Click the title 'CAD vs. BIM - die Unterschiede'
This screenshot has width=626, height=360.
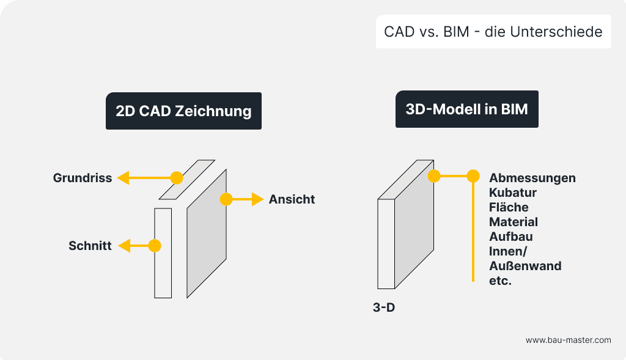tap(493, 32)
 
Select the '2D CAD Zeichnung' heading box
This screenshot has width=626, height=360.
tap(183, 111)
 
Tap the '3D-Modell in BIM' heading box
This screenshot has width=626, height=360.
tap(466, 109)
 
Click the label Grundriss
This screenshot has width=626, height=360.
tap(83, 178)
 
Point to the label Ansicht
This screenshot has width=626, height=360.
tap(292, 199)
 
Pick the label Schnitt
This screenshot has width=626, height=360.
tap(90, 246)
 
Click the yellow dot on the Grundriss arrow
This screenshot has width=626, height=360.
tap(177, 178)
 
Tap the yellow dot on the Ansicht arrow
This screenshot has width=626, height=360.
tap(226, 199)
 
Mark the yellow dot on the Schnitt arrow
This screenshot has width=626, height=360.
tap(155, 246)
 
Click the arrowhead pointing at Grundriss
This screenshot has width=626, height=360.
tap(123, 178)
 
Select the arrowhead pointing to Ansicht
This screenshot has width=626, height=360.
tap(258, 199)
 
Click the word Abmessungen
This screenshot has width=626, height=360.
tap(532, 178)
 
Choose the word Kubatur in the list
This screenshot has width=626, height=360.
tap(512, 193)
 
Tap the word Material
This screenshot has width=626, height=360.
tap(514, 222)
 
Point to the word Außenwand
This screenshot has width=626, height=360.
tap(525, 266)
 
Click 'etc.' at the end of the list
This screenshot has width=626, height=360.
tap(500, 281)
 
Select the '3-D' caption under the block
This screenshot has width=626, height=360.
tap(384, 307)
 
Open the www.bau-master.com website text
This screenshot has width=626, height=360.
tap(568, 340)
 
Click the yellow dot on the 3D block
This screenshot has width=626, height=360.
tap(434, 177)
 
